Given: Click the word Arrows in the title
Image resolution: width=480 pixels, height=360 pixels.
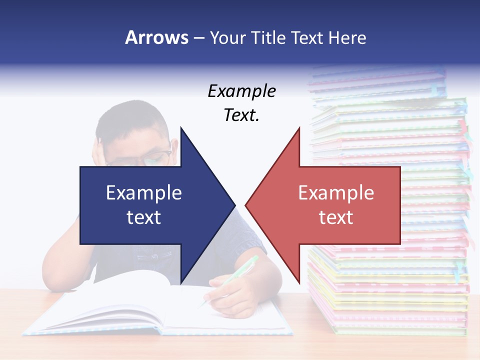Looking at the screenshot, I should click(156, 37).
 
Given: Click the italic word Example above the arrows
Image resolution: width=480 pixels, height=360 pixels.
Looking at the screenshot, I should click(241, 91).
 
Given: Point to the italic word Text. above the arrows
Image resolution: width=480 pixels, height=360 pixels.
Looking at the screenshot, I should click(241, 115).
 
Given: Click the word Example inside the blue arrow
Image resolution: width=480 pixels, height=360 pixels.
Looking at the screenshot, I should click(144, 192).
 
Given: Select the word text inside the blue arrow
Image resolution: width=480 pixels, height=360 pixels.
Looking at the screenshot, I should click(144, 217).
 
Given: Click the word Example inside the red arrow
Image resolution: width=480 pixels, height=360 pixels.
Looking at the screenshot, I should click(336, 192).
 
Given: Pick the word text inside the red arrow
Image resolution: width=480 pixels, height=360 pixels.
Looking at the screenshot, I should click(336, 217).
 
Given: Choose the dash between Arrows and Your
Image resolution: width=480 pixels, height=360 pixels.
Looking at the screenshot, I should click(198, 38).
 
